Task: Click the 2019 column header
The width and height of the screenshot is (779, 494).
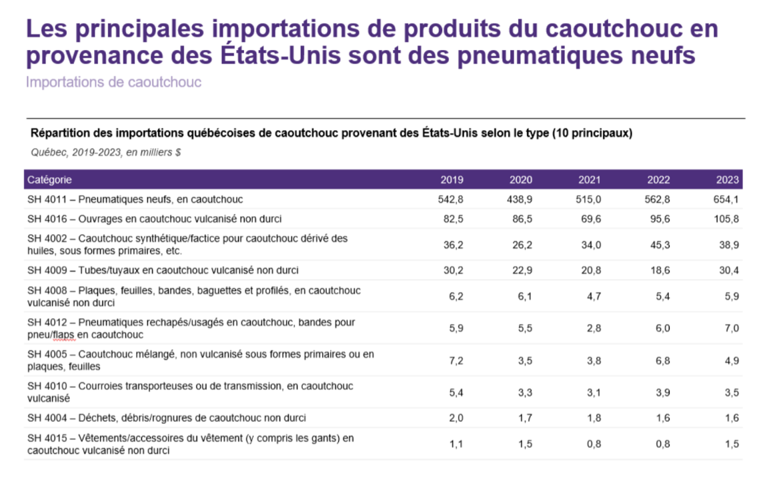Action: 452,179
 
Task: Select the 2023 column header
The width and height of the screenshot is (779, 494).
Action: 728,179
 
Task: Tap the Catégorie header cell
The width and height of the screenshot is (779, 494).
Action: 49,179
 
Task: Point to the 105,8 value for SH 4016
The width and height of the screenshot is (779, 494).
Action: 726,219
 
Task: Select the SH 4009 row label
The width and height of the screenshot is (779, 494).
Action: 163,270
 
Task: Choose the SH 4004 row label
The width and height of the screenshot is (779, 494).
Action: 167,418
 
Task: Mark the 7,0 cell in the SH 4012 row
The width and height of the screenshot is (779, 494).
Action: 731,328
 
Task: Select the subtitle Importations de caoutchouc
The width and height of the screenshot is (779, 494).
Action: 113,83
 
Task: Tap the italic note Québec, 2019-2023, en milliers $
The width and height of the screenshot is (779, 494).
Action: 106,152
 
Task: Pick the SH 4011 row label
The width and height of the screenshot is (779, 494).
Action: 135,199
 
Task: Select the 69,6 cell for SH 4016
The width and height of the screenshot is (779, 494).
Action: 590,219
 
